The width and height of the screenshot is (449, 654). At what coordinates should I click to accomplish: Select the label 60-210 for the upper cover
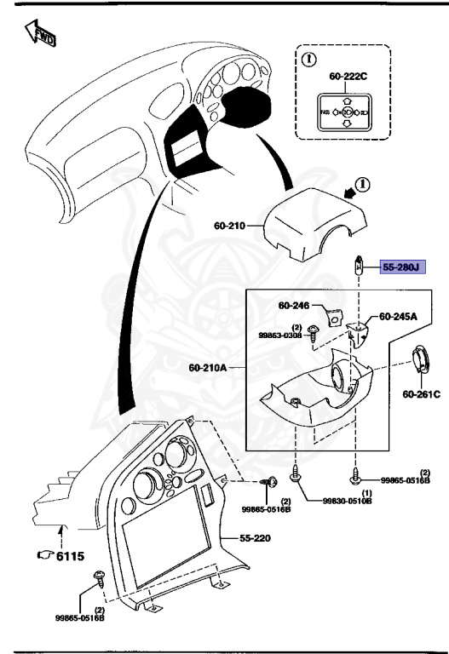(230, 227)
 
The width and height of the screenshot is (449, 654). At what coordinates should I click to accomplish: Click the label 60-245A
(398, 316)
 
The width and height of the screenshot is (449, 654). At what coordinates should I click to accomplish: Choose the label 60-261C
(421, 394)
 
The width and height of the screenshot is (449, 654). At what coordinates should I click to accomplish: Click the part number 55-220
(253, 539)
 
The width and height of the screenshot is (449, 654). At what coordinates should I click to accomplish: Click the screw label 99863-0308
(283, 336)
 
